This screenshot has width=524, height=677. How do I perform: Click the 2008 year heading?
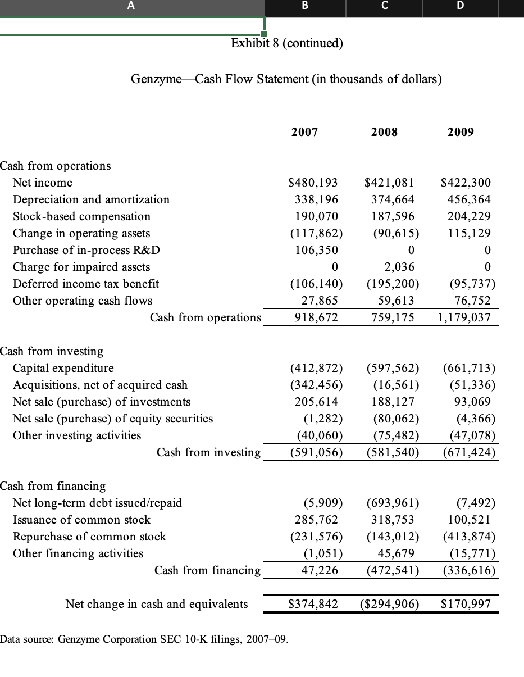tap(384, 132)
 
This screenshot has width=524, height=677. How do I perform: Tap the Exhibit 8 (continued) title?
tap(287, 43)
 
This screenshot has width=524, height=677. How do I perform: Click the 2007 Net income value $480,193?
tap(313, 183)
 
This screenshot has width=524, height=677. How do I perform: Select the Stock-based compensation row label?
tap(81, 216)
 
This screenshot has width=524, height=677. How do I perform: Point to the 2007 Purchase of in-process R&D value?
tap(317, 250)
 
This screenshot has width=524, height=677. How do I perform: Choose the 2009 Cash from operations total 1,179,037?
tap(464, 317)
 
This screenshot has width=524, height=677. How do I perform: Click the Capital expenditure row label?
tap(63, 368)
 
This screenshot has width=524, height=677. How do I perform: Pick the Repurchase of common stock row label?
tap(89, 537)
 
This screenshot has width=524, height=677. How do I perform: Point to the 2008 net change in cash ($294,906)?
tap(389, 604)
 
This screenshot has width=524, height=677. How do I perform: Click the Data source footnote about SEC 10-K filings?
tap(144, 639)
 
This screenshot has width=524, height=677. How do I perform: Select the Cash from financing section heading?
tap(53, 486)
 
